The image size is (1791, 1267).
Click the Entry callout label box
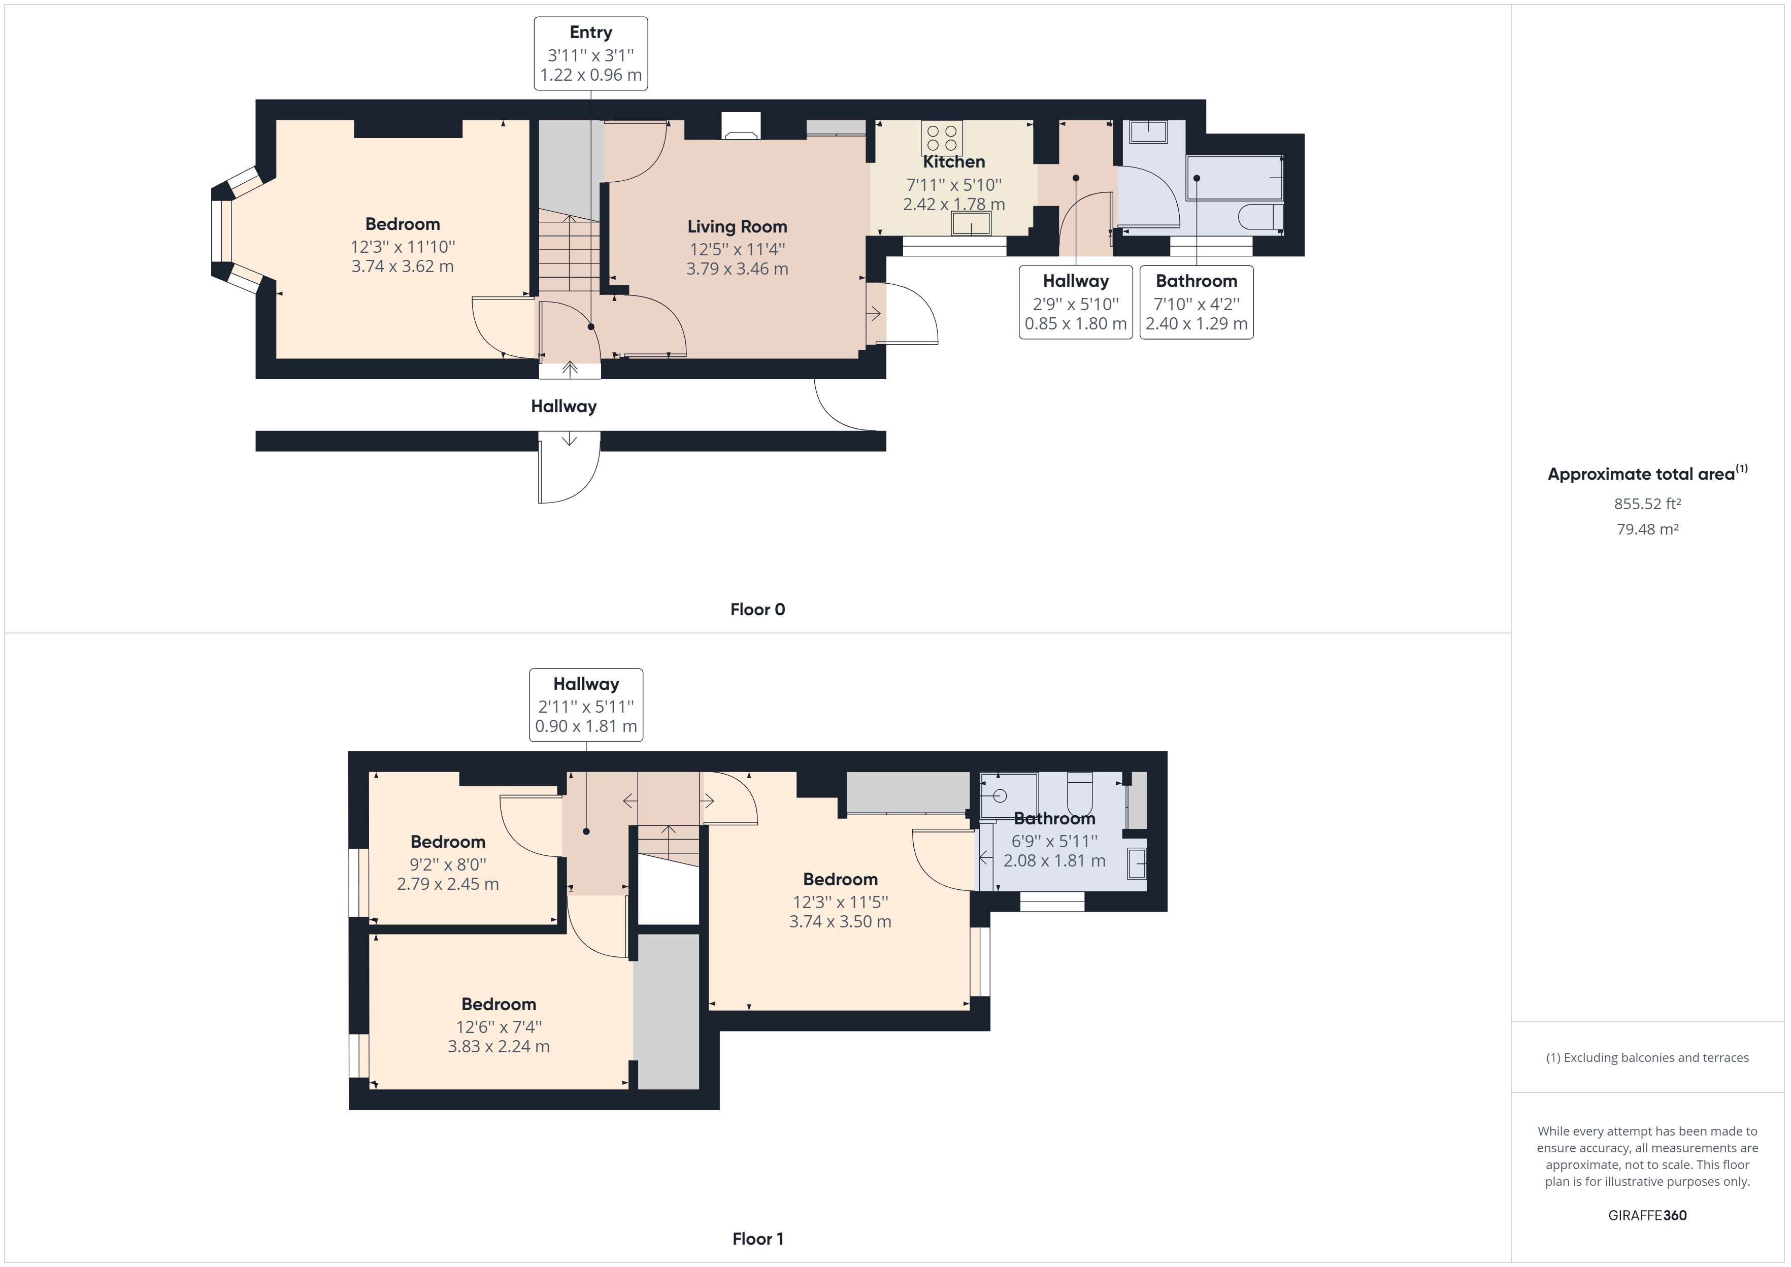click(590, 54)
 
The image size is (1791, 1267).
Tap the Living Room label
click(737, 226)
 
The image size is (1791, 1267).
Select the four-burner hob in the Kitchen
click(942, 138)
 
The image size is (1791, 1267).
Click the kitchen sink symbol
click(971, 223)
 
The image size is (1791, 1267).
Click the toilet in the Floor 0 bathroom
click(1261, 216)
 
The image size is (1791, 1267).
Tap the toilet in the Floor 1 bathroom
click(1080, 793)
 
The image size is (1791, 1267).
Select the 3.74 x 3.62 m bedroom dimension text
click(403, 266)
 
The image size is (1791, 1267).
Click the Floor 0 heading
click(757, 609)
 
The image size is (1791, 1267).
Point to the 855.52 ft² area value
click(1647, 503)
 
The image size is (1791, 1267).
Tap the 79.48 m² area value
click(1647, 529)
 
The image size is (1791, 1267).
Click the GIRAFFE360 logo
click(1647, 1215)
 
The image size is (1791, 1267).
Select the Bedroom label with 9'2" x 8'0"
click(448, 842)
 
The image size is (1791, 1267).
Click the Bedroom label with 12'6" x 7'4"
click(499, 1004)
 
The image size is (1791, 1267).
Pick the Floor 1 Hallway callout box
click(586, 705)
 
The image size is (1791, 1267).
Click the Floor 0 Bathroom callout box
click(1197, 303)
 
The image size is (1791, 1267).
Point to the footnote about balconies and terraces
click(1647, 1057)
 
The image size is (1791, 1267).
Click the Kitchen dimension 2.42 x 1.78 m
click(954, 205)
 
